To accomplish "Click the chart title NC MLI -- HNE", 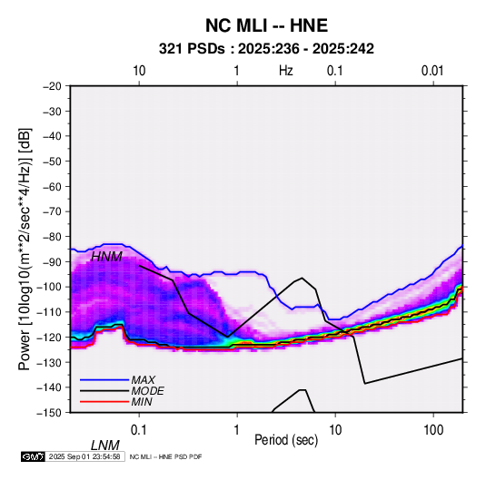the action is [x=266, y=25].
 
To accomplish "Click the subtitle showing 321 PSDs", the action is [x=266, y=49].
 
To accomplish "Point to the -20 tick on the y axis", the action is [x=52, y=86].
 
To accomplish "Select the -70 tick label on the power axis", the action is [x=52, y=211].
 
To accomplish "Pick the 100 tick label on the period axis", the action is [x=433, y=430].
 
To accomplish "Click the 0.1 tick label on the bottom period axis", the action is [x=139, y=430].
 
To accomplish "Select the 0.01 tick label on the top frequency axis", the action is [x=432, y=71].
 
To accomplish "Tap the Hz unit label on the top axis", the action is [x=286, y=71].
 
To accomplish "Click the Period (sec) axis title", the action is [x=286, y=440].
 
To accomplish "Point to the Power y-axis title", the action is [x=25, y=249].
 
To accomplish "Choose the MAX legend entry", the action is [x=143, y=380].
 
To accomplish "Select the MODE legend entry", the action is [x=147, y=391].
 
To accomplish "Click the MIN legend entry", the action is [x=142, y=402].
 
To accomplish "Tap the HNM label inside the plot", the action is [x=106, y=257].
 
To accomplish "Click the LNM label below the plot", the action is [x=105, y=446].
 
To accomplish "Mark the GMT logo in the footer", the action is [x=34, y=456].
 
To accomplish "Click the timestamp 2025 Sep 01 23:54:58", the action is [x=84, y=456].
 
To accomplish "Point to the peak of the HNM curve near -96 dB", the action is [x=302, y=278].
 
